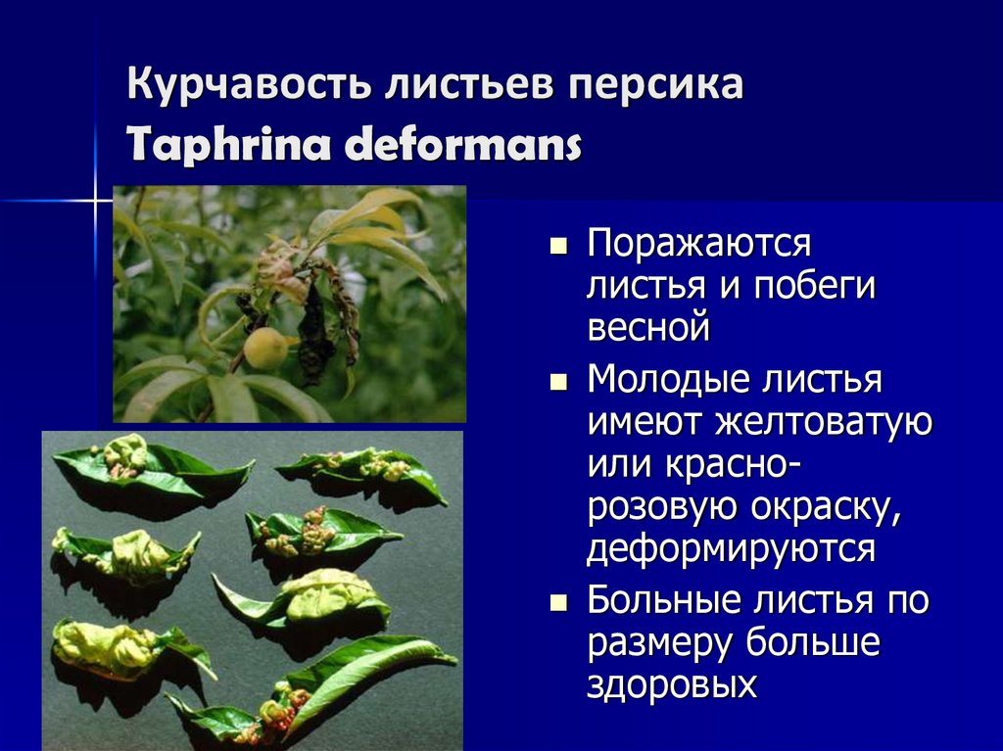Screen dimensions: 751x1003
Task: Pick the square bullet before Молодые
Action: tap(559, 382)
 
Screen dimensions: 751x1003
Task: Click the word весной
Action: tap(647, 327)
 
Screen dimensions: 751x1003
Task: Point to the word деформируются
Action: tap(730, 547)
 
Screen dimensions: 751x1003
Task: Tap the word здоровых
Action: tap(672, 683)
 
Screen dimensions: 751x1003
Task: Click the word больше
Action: tap(813, 642)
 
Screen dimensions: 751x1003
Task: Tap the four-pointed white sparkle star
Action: tap(96, 203)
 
